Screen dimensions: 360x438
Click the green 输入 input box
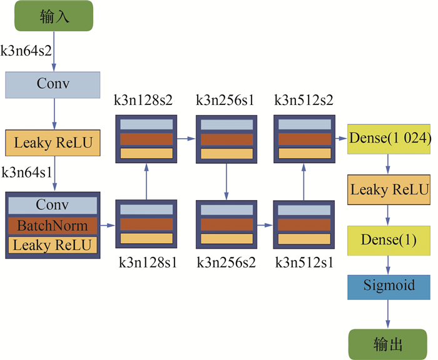[54, 16]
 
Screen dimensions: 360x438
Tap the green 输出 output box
[388, 344]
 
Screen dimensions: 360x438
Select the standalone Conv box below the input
[53, 84]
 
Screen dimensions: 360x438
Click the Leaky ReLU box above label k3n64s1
[53, 143]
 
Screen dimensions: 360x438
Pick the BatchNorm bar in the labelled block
[53, 225]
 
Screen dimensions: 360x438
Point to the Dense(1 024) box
[389, 138]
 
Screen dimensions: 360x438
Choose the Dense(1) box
[389, 240]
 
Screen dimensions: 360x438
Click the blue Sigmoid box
[389, 286]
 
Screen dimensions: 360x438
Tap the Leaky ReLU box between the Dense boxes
[389, 189]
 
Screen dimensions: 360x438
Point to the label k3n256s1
[225, 101]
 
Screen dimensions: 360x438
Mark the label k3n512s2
[303, 101]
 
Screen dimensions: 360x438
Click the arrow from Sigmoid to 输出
[389, 314]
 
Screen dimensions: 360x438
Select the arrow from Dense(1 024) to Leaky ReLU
[389, 163]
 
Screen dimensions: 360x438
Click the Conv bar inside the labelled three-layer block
[53, 205]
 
